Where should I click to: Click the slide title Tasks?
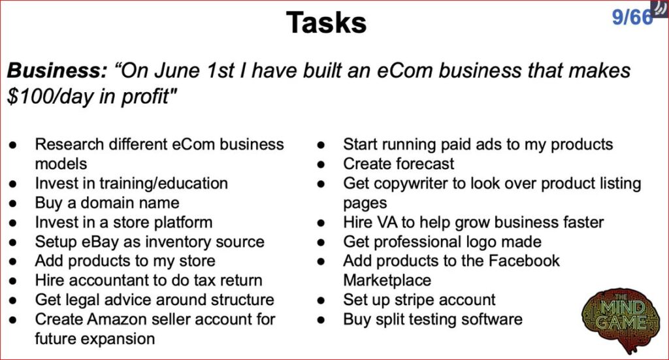[326, 22]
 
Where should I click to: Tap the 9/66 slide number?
[632, 17]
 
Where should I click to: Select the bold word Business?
[57, 71]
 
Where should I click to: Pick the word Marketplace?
[387, 280]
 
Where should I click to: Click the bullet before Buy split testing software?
[321, 320]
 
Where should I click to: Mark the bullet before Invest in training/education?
[13, 184]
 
